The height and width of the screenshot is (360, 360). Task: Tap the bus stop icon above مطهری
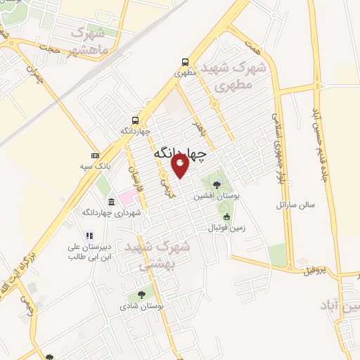(184, 61)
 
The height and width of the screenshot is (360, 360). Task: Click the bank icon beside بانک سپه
(96, 155)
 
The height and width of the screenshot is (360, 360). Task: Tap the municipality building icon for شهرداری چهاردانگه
(112, 202)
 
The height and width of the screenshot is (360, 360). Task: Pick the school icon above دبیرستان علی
(89, 236)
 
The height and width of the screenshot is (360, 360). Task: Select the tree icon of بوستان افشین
(216, 185)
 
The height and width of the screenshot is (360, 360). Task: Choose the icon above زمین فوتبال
(226, 217)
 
